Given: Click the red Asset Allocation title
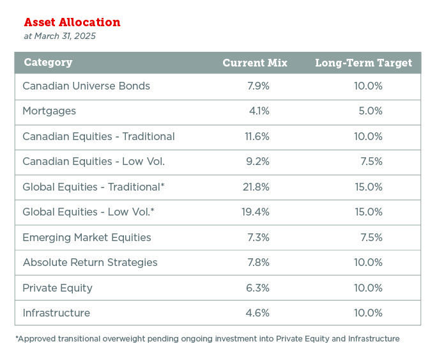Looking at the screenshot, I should tap(72, 22).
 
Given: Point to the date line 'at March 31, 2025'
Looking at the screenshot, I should tap(59, 36).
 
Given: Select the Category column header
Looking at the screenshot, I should tap(48, 63).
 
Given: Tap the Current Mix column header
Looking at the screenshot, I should tap(255, 63).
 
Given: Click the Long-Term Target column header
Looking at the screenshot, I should tap(364, 63).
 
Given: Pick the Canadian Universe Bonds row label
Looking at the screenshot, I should tap(86, 86).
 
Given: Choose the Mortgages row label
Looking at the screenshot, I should tap(49, 111).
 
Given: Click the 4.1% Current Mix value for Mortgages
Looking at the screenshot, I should tap(259, 111).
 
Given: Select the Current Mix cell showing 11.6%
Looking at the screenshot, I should tap(257, 136).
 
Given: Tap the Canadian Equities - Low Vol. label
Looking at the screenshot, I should tap(93, 162).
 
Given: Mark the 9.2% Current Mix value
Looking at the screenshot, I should tap(258, 162).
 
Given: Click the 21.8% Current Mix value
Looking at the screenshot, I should tap(257, 187).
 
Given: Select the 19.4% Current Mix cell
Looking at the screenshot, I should tap(257, 212).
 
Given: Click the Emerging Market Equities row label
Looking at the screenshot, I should tap(87, 237).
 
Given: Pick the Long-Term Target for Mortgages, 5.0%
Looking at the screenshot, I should tap(371, 111).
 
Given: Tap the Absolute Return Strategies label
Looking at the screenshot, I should tap(90, 262).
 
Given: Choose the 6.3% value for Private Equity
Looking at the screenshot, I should tap(258, 288).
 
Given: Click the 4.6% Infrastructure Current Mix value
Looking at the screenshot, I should tap(258, 313).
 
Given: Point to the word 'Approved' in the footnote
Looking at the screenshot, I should tap(37, 339).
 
